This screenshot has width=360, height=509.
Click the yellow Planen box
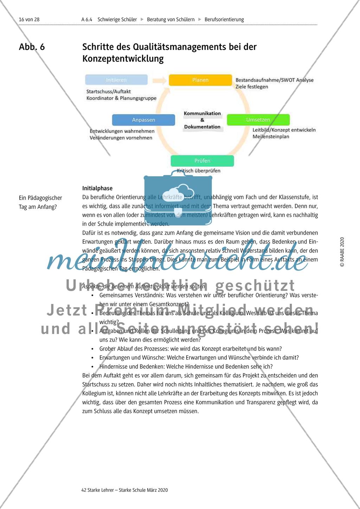pyautogui.click(x=200, y=80)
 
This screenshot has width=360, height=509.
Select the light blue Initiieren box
pyautogui.click(x=116, y=80)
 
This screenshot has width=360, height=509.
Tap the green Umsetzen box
pyautogui.click(x=258, y=120)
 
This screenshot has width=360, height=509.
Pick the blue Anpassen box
pyautogui.click(x=143, y=120)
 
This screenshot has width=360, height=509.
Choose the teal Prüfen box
pyautogui.click(x=202, y=161)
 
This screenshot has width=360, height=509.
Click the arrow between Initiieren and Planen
pyautogui.click(x=159, y=80)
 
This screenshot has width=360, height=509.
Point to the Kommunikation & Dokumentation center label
pyautogui.click(x=202, y=120)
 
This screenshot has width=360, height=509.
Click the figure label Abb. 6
pyautogui.click(x=32, y=47)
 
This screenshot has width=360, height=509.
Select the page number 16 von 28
pyautogui.click(x=29, y=19)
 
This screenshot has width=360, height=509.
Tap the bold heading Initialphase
pyautogui.click(x=97, y=188)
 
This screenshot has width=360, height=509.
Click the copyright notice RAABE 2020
pyautogui.click(x=342, y=252)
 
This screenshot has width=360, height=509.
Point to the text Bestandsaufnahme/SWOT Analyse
pyautogui.click(x=274, y=80)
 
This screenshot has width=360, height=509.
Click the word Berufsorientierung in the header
pyautogui.click(x=224, y=19)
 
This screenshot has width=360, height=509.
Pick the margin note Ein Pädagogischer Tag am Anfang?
pyautogui.click(x=40, y=202)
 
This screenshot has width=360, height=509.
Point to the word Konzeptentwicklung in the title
pyautogui.click(x=123, y=58)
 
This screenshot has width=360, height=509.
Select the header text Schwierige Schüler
pyautogui.click(x=117, y=19)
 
